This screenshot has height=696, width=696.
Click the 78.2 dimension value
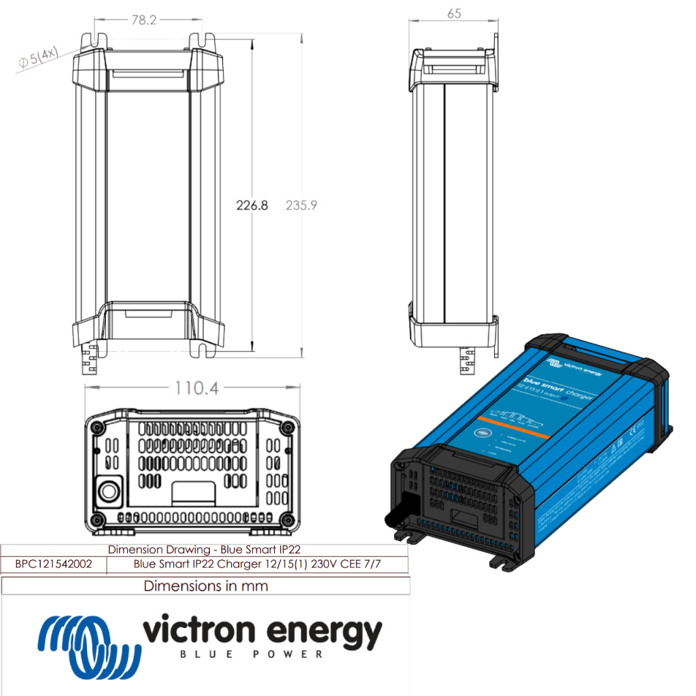(x=143, y=20)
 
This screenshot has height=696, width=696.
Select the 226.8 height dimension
(x=251, y=205)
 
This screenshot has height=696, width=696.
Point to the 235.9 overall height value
(x=301, y=205)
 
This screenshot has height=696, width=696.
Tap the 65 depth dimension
(x=454, y=13)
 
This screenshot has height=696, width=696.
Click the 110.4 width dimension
(x=193, y=388)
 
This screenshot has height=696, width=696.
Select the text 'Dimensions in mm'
(x=206, y=586)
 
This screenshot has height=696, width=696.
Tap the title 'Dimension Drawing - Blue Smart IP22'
(x=204, y=549)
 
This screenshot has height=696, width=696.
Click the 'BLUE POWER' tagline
(x=251, y=655)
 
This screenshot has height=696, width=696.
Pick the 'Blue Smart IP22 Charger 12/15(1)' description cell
(x=257, y=564)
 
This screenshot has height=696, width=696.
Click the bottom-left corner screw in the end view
(x=97, y=521)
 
